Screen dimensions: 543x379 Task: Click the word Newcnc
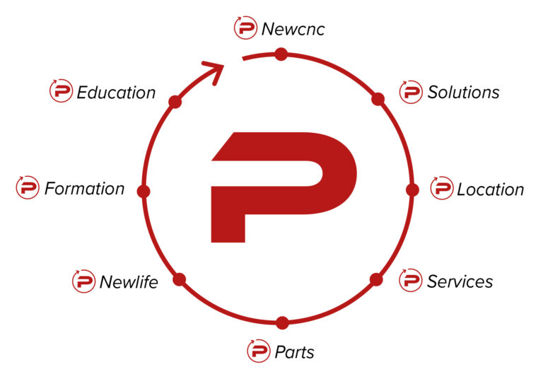pyautogui.click(x=293, y=29)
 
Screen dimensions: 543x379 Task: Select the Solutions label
pyautogui.click(x=463, y=92)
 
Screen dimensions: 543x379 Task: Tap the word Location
pyautogui.click(x=491, y=189)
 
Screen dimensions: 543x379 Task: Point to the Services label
pyautogui.click(x=460, y=281)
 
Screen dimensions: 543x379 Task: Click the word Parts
pyautogui.click(x=294, y=352)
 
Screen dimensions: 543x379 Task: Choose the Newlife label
pyautogui.click(x=129, y=282)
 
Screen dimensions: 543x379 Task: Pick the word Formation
pyautogui.click(x=85, y=189)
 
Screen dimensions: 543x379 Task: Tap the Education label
pyautogui.click(x=116, y=93)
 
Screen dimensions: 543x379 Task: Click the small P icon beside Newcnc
pyautogui.click(x=245, y=28)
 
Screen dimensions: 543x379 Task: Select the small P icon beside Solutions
pyautogui.click(x=411, y=92)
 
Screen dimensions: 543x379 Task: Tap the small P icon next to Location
pyautogui.click(x=441, y=188)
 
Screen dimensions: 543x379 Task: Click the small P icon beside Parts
pyautogui.click(x=258, y=351)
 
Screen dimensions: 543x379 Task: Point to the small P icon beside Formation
pyautogui.click(x=28, y=187)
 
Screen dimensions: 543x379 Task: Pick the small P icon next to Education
pyautogui.click(x=61, y=91)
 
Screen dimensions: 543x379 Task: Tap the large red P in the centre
pyautogui.click(x=284, y=187)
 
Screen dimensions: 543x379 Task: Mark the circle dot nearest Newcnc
pyautogui.click(x=281, y=54)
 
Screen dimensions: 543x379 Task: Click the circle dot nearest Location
pyautogui.click(x=412, y=189)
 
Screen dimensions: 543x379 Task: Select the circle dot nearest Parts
pyautogui.click(x=283, y=322)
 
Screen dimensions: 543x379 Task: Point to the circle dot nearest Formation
pyautogui.click(x=144, y=191)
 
